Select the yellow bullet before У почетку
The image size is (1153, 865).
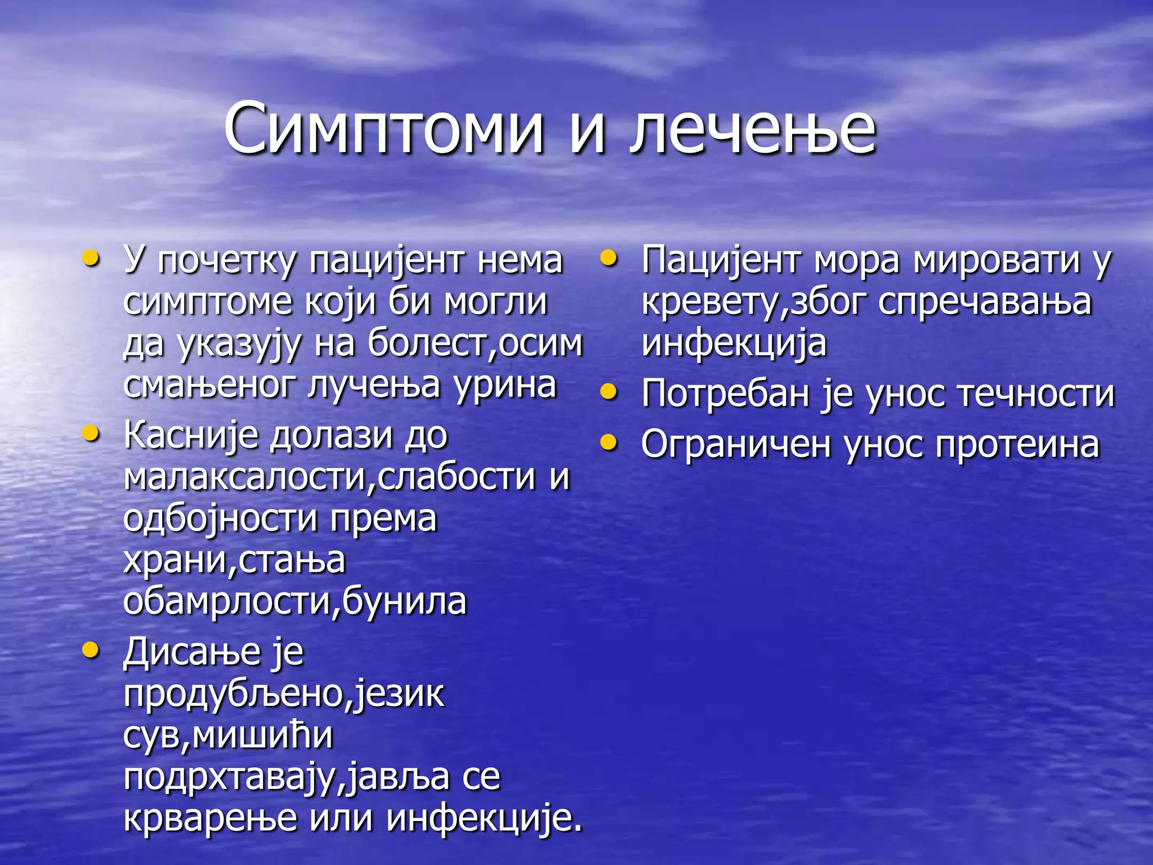coord(91,258)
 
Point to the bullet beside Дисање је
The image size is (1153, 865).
coord(91,650)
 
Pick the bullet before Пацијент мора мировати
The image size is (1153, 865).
coord(609,258)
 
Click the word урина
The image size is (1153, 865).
coord(506,386)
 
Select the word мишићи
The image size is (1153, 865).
coord(262,735)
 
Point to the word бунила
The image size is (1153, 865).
coord(404,601)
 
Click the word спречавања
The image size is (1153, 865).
coord(985,302)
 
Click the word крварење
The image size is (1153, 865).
coord(210,818)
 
